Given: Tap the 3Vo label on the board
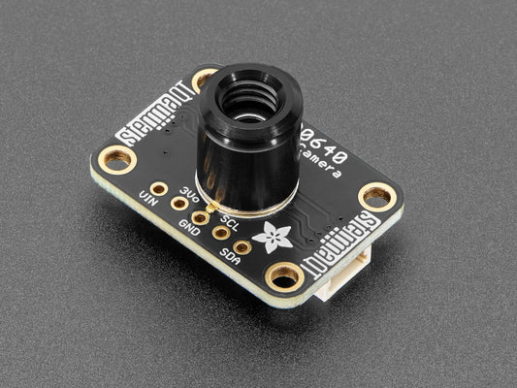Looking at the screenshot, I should pos(190,193).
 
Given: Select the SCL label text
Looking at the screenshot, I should pos(230,219).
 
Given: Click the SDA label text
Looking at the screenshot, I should pos(230,256).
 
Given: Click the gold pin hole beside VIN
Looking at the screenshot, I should pos(158,188).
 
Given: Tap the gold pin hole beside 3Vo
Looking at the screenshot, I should pos(179,203).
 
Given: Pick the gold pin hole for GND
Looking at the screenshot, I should pos(200,218).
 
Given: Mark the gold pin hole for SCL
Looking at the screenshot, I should pos(221,233).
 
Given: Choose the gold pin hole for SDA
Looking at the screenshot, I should pos(242,247).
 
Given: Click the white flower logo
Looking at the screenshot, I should pos(264,233).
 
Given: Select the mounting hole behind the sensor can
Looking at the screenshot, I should pos(205,80).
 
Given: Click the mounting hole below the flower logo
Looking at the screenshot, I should pos(284,276).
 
